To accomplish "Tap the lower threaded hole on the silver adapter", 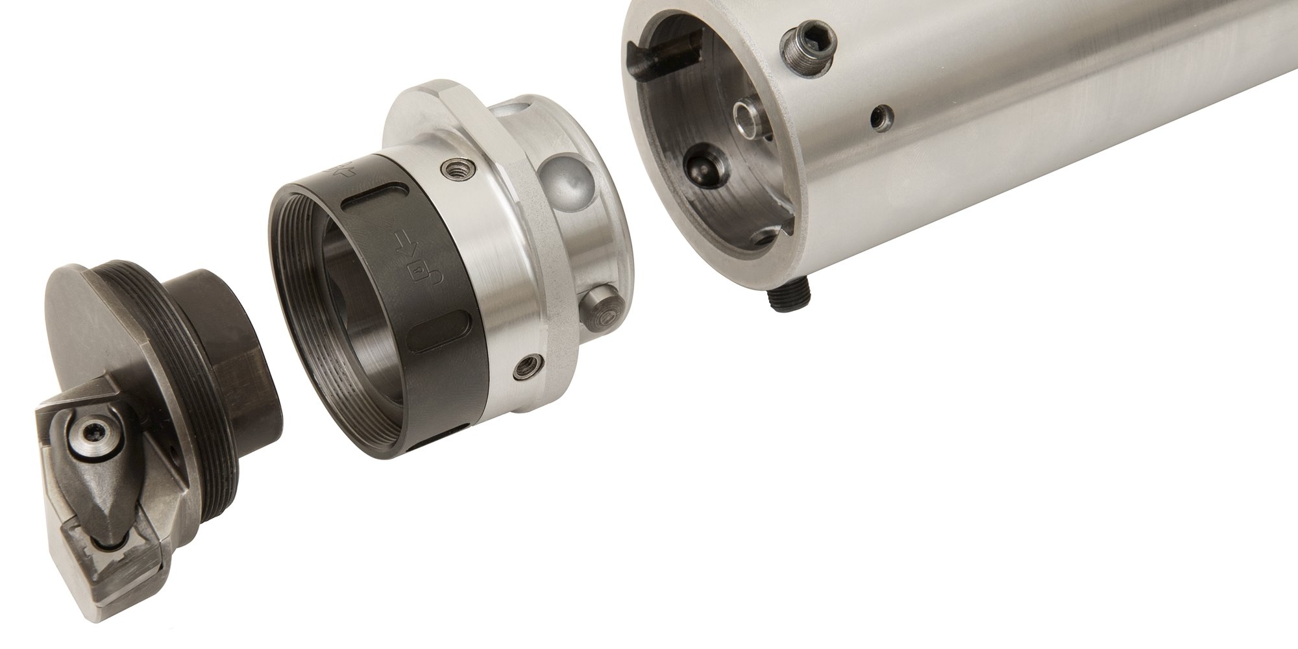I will [x=524, y=368].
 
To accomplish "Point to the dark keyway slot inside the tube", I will [x=668, y=52].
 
